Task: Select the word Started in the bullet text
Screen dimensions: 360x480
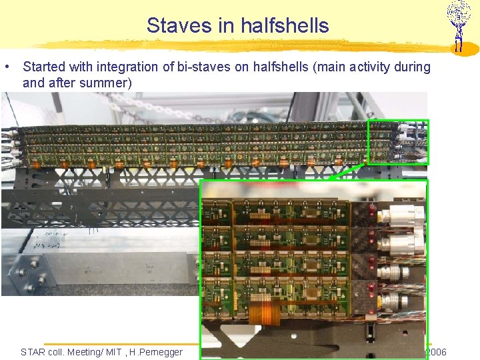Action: (x=43, y=67)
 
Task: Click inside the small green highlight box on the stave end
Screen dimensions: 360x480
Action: (x=398, y=141)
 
